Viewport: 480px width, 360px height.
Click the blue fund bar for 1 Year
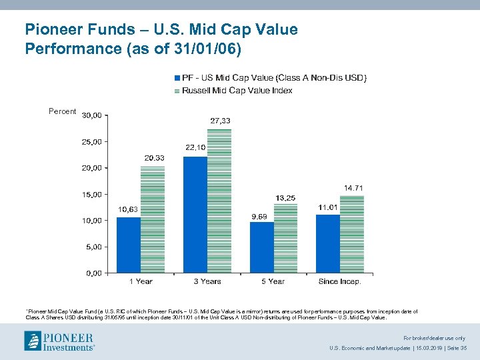point(129,245)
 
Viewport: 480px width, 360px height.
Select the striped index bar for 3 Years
point(219,201)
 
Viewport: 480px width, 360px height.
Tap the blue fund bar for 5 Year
point(262,247)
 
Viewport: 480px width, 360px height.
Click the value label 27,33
point(221,121)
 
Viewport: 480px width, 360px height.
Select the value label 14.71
point(353,189)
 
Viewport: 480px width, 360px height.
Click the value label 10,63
point(129,209)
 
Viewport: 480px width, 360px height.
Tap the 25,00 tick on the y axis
point(92,142)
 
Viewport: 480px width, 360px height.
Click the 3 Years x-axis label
point(207,281)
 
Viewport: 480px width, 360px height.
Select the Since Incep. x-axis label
point(339,281)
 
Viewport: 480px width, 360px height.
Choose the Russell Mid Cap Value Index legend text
point(237,90)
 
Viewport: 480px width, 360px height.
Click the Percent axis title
point(63,111)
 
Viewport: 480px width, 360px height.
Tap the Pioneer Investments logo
point(59,341)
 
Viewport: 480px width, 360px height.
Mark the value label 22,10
point(195,147)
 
